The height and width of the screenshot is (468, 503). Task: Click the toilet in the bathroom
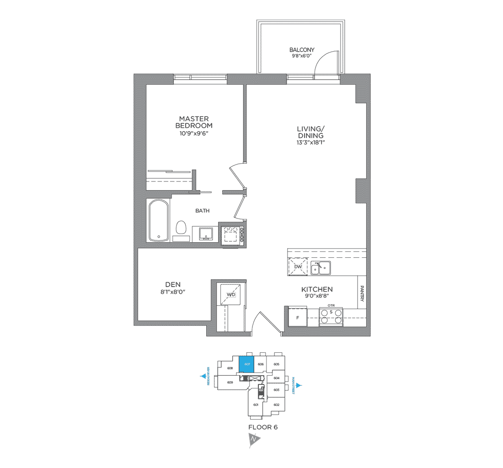coord(182,229)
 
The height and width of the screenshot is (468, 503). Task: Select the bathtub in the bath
coord(158,220)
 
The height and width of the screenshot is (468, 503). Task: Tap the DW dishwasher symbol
coord(298,267)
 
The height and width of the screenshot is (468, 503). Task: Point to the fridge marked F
coord(297,317)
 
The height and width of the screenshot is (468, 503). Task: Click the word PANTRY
coord(362,294)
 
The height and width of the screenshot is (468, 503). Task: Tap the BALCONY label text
coord(302,50)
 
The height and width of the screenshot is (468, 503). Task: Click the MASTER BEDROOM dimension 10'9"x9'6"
coord(196,134)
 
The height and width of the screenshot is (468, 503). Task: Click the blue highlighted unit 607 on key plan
coord(247,364)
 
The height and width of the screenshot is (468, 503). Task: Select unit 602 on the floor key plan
coord(276,404)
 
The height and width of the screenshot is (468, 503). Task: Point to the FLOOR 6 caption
coord(263,427)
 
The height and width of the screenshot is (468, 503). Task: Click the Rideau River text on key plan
coord(209,376)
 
